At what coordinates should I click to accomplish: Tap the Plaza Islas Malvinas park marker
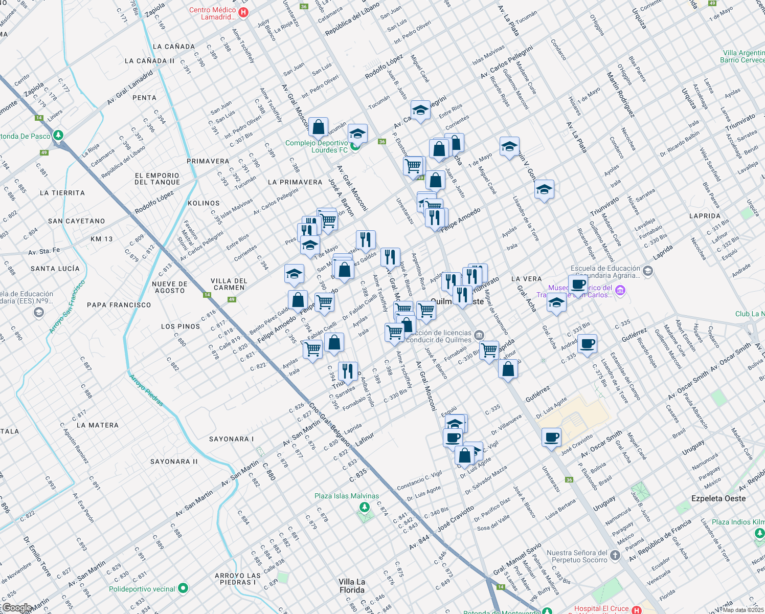[364, 507]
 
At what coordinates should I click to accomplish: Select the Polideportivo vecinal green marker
[184, 589]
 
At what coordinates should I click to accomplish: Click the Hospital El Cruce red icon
[636, 610]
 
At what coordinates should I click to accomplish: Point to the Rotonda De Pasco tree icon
[58, 136]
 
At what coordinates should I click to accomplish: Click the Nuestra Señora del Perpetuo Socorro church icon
[615, 556]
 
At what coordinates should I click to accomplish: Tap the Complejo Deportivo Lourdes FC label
[317, 146]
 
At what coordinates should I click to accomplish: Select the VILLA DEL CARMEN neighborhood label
[229, 284]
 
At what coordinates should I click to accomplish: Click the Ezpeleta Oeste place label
[718, 498]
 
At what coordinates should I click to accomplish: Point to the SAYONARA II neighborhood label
[174, 462]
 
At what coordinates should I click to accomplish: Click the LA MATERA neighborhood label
[97, 425]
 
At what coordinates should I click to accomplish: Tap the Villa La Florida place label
[352, 586]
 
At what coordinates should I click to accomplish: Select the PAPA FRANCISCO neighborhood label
[119, 305]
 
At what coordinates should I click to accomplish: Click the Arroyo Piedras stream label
[146, 390]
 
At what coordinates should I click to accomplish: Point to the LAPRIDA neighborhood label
[705, 216]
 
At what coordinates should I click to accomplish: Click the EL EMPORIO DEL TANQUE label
[157, 179]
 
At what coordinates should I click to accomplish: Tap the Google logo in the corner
[17, 608]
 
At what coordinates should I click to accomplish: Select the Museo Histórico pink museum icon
[620, 291]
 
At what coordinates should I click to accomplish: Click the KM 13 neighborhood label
[101, 239]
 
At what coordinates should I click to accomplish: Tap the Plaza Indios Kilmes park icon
[758, 533]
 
